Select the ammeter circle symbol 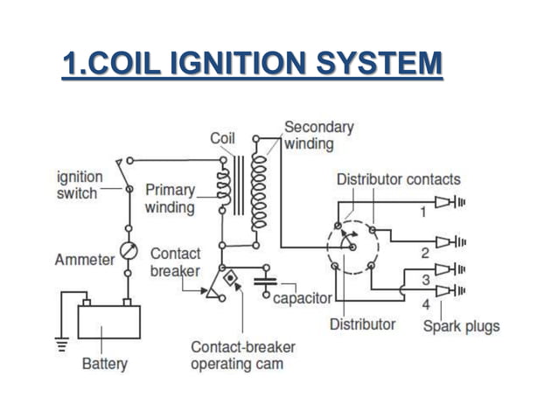pyautogui.click(x=129, y=251)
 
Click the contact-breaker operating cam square pyautogui.click(x=231, y=280)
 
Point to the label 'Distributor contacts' pyautogui.click(x=398, y=179)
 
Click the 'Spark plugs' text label pyautogui.click(x=462, y=326)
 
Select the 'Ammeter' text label pyautogui.click(x=84, y=260)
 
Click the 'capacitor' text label pyautogui.click(x=303, y=298)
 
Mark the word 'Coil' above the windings pyautogui.click(x=222, y=138)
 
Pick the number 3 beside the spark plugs pyautogui.click(x=425, y=280)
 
